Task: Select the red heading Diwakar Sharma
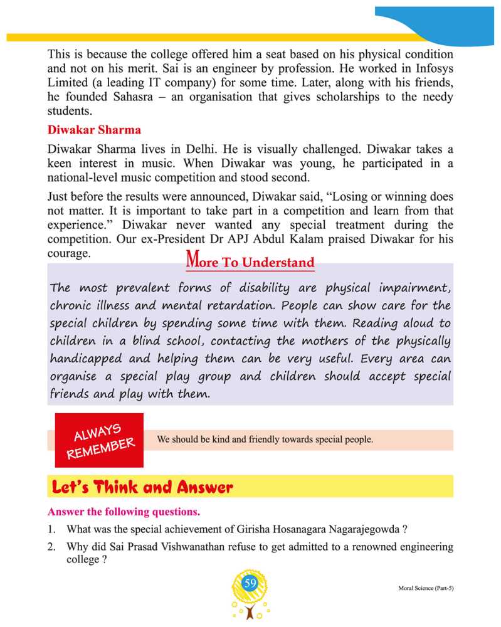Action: point(94,130)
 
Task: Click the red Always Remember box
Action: point(99,440)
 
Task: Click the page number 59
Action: point(250,584)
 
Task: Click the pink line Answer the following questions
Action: point(124,512)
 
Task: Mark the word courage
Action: point(69,253)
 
